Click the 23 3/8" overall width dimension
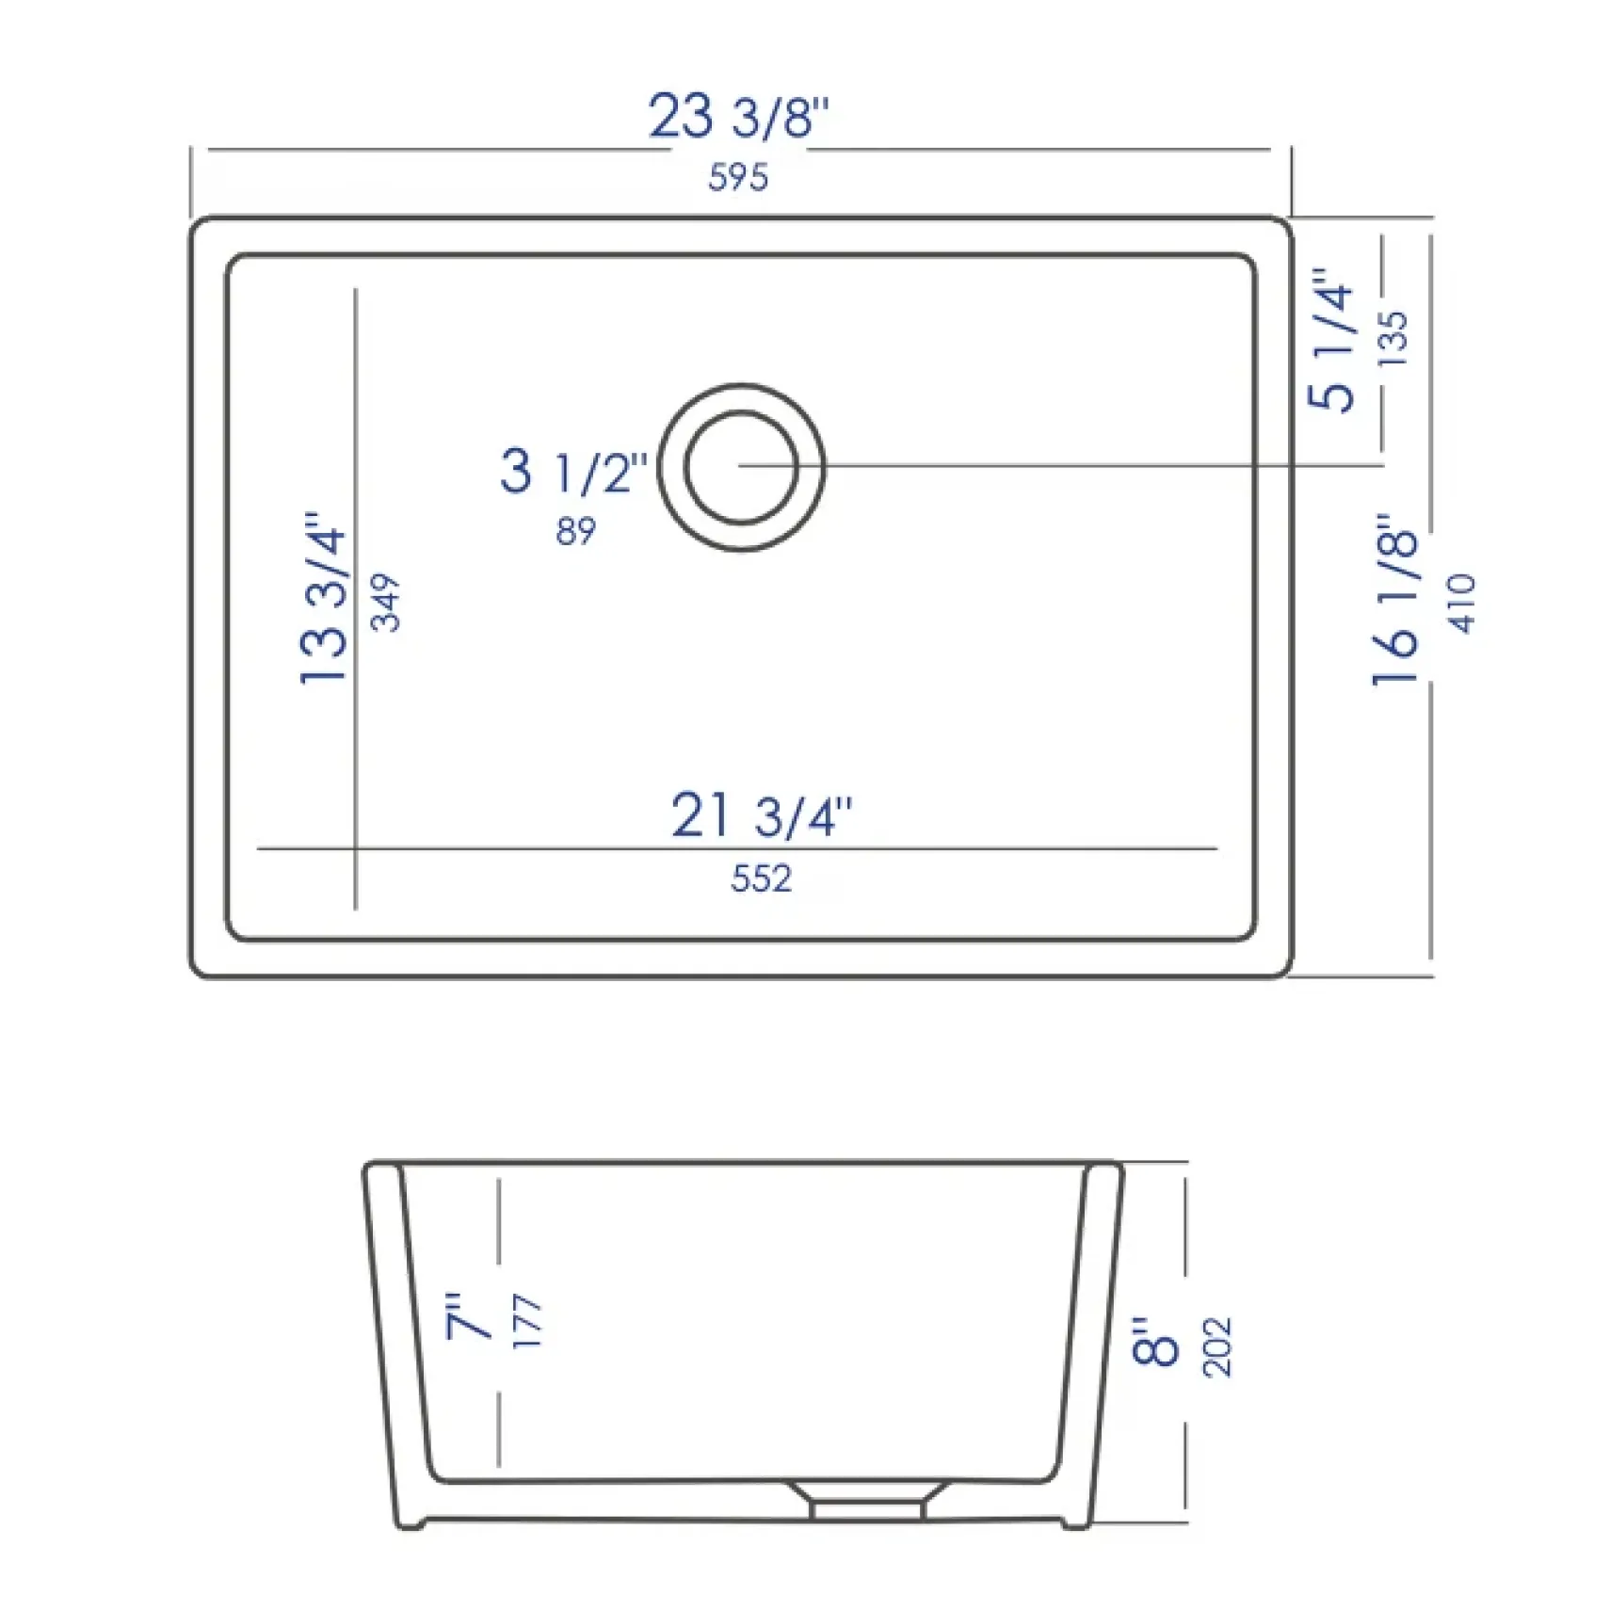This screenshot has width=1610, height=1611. click(x=739, y=117)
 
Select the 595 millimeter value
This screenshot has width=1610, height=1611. click(x=738, y=176)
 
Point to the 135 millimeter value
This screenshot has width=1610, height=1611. click(x=1392, y=338)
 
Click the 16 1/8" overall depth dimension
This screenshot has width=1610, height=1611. click(x=1393, y=600)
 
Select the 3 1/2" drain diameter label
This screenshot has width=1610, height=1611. click(x=574, y=471)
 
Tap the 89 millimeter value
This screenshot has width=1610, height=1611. click(x=575, y=532)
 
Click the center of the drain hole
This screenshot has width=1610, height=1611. click(x=742, y=466)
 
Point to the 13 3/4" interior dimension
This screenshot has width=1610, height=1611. click(x=323, y=599)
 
